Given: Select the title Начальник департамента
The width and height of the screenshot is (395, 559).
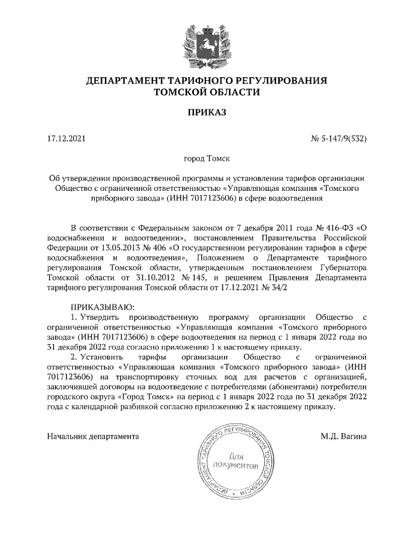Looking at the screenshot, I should point(93,436).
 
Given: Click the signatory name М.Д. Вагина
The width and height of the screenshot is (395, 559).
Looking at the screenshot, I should point(344,436).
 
